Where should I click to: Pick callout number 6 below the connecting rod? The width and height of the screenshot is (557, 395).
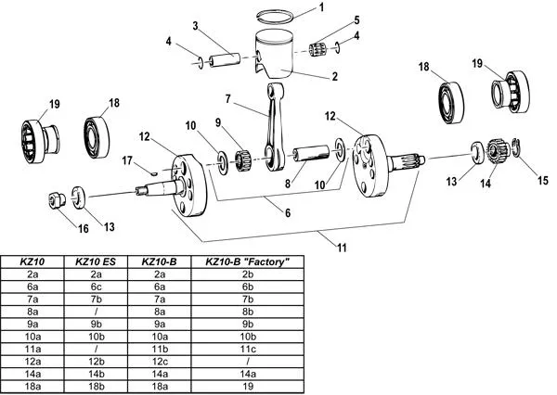[288, 212]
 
